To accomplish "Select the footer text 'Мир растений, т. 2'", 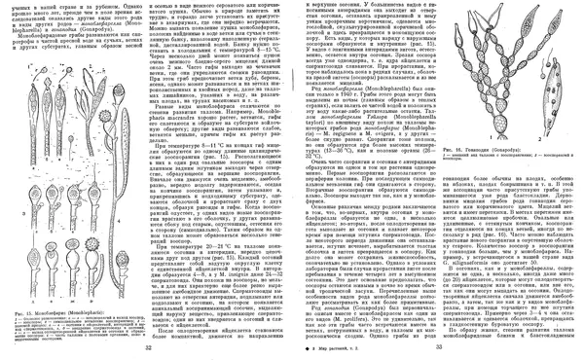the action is click(322, 347).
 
